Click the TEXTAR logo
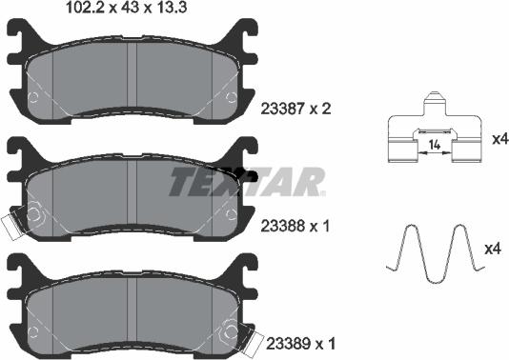coord(247,181)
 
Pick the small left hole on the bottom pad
coord(35,331)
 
